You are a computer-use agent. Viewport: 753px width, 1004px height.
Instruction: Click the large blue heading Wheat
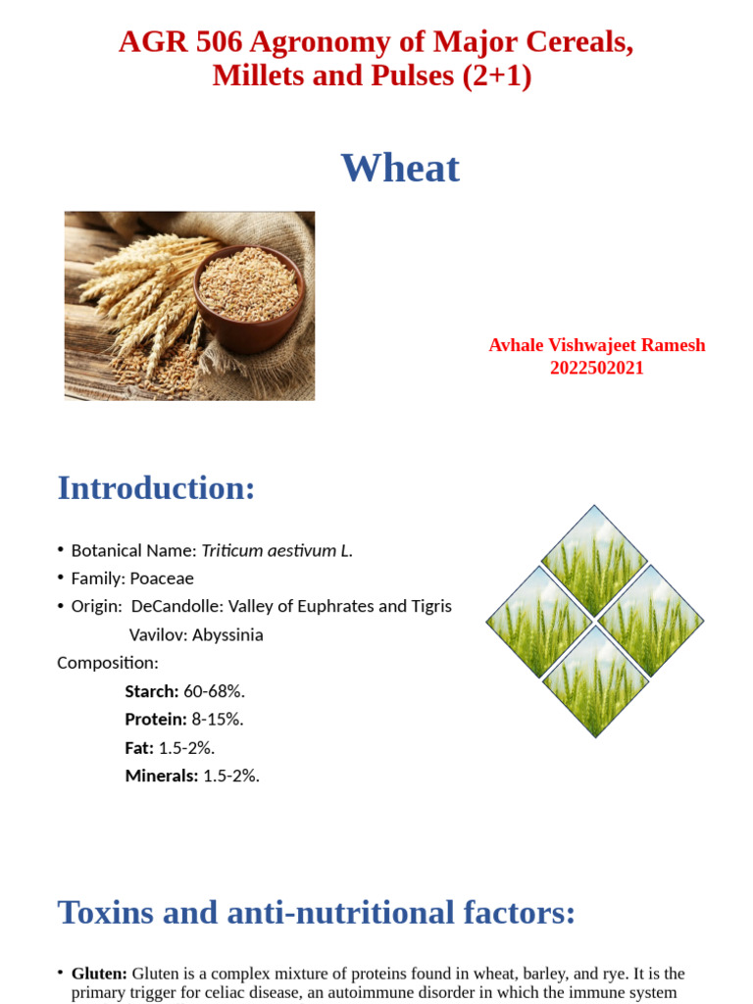400,169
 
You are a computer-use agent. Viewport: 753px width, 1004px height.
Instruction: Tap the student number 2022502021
596,369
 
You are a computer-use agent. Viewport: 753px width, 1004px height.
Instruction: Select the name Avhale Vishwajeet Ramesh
596,345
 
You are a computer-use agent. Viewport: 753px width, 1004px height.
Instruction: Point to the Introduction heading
156,487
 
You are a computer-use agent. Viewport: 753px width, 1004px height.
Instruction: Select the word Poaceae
163,578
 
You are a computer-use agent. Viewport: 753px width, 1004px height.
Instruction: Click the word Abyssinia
227,634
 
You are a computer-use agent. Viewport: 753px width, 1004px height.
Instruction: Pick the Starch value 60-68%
214,691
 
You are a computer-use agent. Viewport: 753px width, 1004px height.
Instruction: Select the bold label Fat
139,747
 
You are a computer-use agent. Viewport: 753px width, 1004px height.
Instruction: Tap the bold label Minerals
161,776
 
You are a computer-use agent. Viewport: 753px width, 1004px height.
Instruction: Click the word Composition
107,663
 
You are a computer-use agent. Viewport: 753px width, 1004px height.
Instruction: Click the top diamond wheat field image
594,560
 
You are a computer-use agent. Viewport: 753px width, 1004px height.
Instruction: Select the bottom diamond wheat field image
594,681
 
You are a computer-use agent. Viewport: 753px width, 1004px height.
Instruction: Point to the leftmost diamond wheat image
538,622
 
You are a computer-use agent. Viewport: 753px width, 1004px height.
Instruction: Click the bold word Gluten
99,974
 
